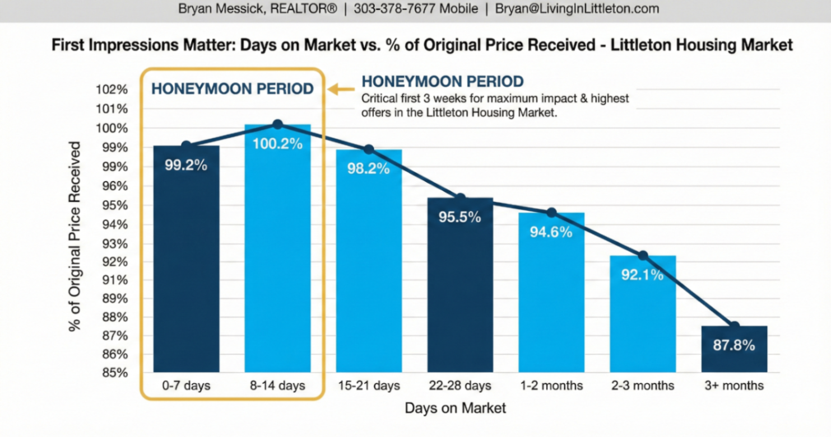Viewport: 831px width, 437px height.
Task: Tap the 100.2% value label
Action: click(277, 144)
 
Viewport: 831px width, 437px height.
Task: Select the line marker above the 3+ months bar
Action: click(734, 326)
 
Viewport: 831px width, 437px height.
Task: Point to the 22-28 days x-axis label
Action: click(459, 386)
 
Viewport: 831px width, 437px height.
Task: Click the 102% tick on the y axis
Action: click(114, 90)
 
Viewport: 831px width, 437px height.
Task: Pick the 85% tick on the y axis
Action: click(114, 373)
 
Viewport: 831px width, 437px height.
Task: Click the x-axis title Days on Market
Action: click(455, 408)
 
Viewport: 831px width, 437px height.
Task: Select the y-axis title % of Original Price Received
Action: click(75, 236)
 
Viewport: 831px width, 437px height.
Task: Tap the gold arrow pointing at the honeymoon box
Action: click(341, 89)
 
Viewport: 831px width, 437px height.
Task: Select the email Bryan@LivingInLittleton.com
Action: click(577, 9)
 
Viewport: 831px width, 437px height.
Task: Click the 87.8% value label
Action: click(733, 345)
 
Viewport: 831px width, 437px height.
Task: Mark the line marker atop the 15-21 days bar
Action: click(369, 149)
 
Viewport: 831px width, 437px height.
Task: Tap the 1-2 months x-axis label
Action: click(551, 386)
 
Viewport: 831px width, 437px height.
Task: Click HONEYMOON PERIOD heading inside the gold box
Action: click(233, 89)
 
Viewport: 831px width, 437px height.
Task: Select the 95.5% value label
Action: click(459, 217)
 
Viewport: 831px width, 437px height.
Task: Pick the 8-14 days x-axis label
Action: click(278, 386)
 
